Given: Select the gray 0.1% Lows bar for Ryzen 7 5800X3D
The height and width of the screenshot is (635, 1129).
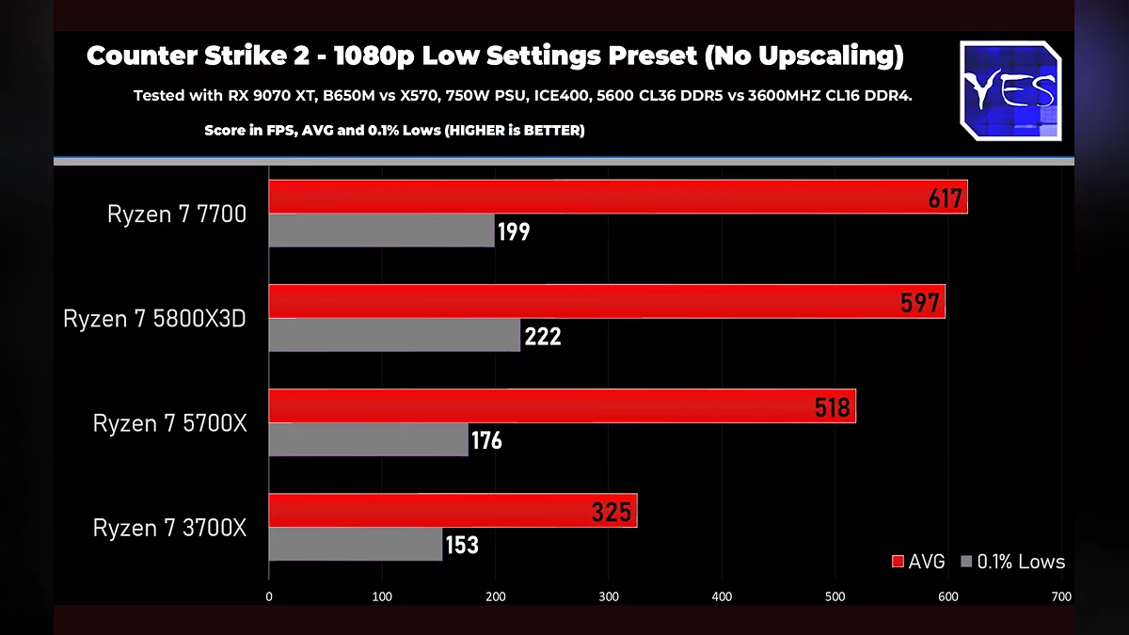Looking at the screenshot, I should point(394,335).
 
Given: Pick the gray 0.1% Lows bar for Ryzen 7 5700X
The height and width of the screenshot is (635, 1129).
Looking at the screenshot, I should point(368,439).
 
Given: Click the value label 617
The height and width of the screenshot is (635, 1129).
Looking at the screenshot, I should point(945,198).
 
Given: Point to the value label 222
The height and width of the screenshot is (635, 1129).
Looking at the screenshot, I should point(543,336).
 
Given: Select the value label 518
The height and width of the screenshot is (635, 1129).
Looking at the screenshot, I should point(833,407).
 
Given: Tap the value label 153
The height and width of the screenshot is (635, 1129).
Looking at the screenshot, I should point(461,545).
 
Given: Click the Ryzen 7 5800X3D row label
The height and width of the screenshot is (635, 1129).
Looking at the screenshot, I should point(154,319).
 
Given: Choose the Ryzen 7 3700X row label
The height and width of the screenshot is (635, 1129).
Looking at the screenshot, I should point(169,528).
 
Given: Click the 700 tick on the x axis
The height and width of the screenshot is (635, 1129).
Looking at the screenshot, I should point(1060,596).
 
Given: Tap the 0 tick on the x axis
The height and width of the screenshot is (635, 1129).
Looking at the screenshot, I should point(269,596).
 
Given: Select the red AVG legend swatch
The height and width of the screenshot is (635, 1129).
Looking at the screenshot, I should point(897,562).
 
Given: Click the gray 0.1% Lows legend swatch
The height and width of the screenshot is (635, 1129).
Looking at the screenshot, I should point(966,562).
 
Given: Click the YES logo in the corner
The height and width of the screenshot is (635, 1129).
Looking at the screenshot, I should point(1010,91).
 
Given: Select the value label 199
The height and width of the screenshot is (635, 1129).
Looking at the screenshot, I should point(514,231).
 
